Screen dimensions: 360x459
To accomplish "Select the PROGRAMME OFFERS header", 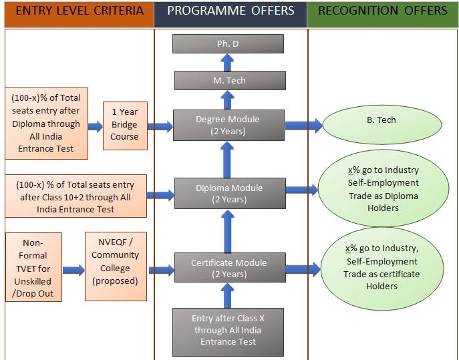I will point(231,11).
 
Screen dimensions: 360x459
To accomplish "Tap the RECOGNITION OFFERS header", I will point(383,11).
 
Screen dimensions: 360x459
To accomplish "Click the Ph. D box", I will point(228,44).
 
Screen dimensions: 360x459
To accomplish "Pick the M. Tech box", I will point(228,81).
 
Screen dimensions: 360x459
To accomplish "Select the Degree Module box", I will point(228,125).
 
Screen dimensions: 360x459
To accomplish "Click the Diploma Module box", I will point(228,194).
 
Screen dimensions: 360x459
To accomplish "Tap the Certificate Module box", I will point(228,269).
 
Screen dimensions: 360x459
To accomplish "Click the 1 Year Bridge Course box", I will point(124,124).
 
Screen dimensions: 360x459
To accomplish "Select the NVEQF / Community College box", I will point(115,261).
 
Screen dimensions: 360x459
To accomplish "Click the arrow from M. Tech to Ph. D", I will point(228,63).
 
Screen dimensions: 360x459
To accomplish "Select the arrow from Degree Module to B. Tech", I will point(304,125).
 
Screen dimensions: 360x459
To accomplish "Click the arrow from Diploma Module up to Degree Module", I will point(228,158).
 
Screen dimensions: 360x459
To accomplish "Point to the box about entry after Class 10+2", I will point(76,196).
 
